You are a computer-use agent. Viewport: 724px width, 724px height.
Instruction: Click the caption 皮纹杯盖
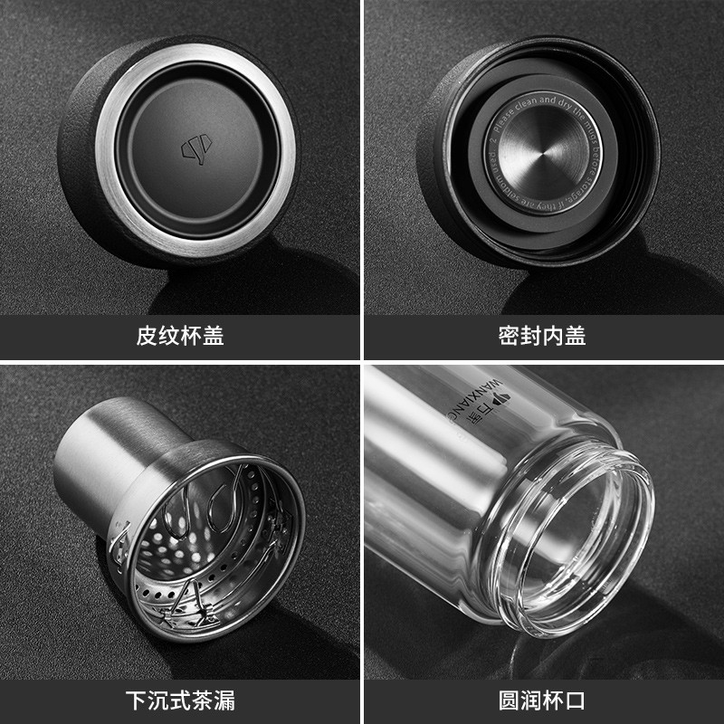coord(180,337)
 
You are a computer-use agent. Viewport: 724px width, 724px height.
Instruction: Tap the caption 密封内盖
coord(542,337)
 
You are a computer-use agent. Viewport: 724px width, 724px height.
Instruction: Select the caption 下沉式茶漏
coord(180,700)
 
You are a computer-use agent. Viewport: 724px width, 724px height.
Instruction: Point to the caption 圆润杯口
coord(542,700)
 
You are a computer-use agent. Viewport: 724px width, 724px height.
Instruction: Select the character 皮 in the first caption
coord(147,337)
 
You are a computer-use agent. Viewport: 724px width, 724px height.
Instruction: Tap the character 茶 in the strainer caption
coord(192,700)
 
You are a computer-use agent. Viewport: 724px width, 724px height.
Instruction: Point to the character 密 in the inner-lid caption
coord(509,337)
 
